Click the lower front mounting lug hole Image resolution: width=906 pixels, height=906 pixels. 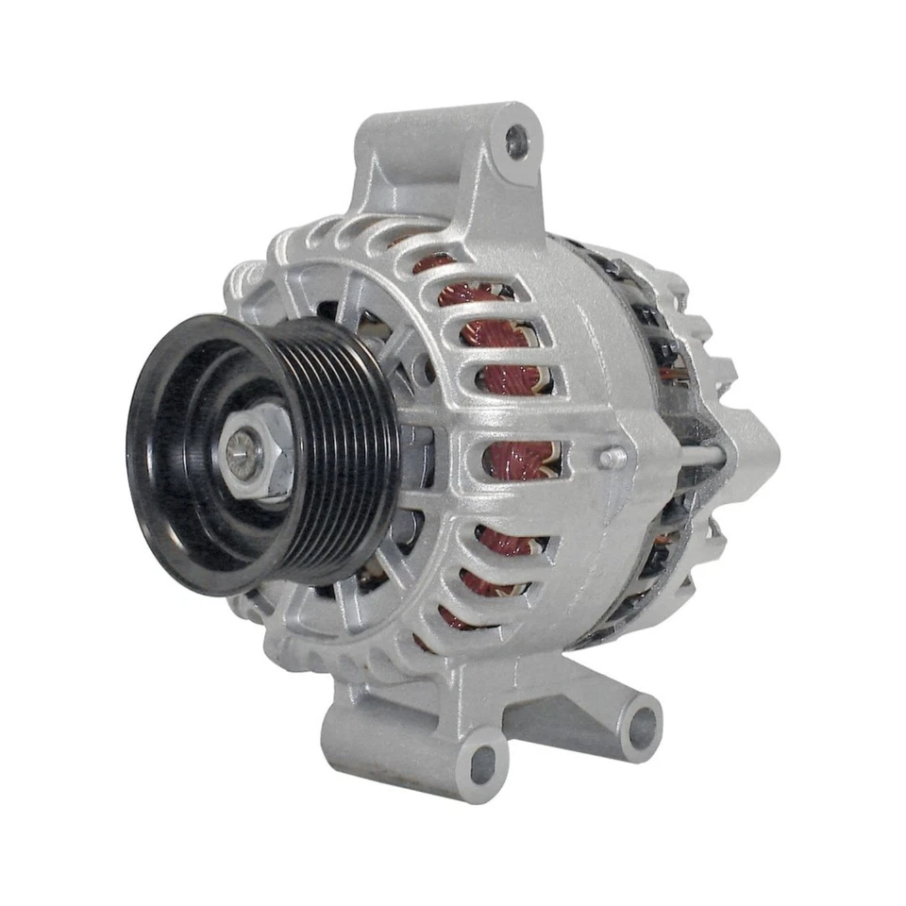484,757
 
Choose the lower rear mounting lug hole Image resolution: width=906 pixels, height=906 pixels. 644,725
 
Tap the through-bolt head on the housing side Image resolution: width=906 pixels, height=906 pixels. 614,458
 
